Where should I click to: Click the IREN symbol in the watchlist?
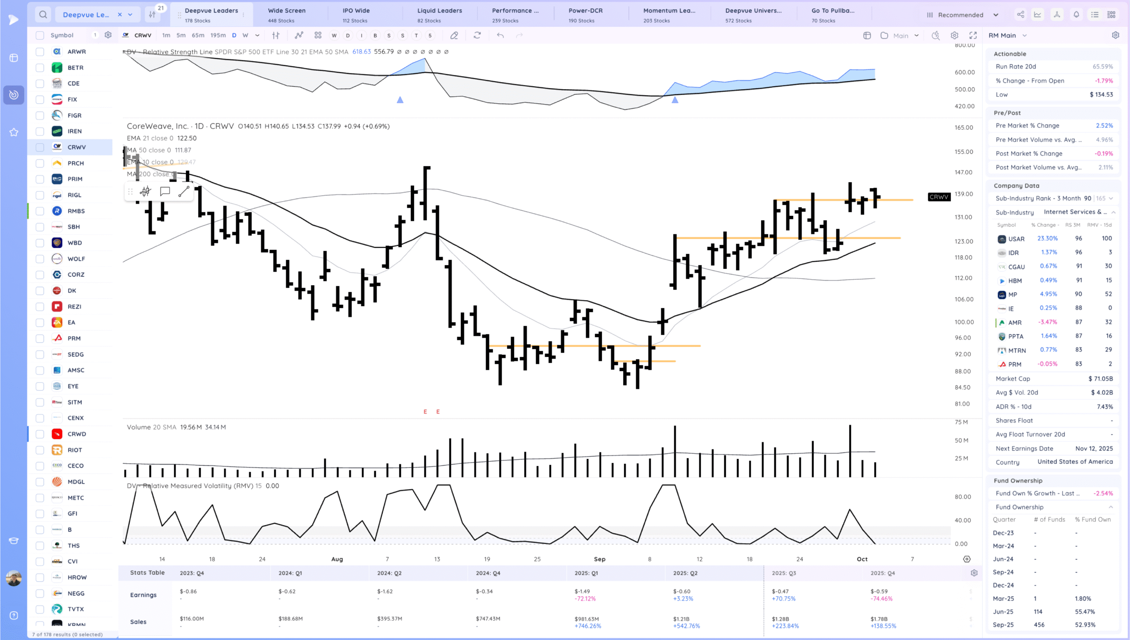click(74, 131)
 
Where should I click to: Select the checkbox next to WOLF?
click(40, 259)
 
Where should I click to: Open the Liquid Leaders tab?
click(439, 15)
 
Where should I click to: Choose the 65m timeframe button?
click(198, 35)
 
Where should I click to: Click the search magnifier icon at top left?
click(43, 15)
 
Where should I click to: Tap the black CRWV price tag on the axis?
click(938, 197)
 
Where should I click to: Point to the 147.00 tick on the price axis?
click(963, 172)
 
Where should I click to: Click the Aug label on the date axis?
click(337, 559)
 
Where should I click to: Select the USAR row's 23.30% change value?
click(1047, 238)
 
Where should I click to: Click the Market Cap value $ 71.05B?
click(1100, 379)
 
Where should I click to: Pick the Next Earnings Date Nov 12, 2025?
click(1094, 448)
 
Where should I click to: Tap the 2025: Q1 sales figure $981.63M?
click(587, 619)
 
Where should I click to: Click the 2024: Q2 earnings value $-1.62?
click(384, 591)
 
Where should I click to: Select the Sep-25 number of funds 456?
click(1039, 625)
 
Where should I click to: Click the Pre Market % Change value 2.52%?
click(1104, 125)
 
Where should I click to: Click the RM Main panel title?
click(1002, 35)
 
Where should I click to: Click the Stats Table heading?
click(147, 572)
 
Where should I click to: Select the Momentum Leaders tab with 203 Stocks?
click(669, 15)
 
